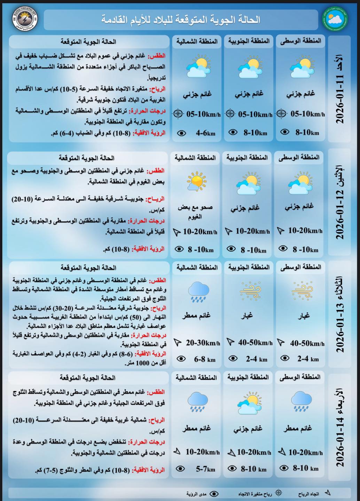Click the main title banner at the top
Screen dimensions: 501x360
tap(181, 19)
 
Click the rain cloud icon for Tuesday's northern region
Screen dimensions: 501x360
tap(198, 292)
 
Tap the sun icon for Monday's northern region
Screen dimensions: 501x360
tap(197, 181)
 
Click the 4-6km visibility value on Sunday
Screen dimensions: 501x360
tap(205, 133)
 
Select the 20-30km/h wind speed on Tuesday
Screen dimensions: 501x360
tap(203, 343)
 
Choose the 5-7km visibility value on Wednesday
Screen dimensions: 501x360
tap(205, 469)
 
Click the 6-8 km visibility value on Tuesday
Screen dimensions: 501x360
tap(205, 359)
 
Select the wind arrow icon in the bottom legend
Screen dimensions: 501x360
tap(327, 493)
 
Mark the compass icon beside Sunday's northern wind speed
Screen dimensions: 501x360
tap(178, 114)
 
